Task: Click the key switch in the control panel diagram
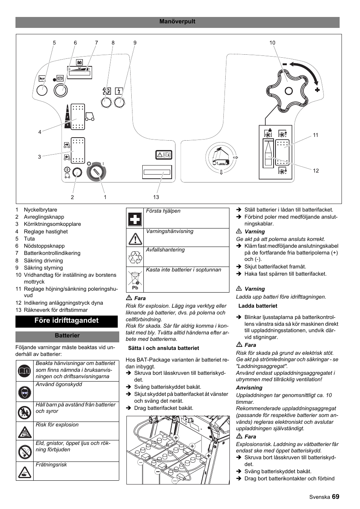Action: [96, 172]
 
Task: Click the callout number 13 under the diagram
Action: [156, 197]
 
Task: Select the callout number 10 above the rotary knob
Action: [272, 43]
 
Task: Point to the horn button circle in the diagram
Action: [42, 90]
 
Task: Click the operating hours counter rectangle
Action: [157, 172]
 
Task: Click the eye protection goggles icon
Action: [25, 392]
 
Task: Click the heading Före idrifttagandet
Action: [66, 320]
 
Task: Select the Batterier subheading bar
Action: [67, 336]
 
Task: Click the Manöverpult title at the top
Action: [177, 21]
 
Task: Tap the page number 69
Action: [336, 497]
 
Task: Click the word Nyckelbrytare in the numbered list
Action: [40, 210]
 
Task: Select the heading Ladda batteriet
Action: [258, 306]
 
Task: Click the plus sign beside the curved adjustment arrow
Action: [317, 90]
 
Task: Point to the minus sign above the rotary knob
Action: [285, 65]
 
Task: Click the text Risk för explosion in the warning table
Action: [57, 425]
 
